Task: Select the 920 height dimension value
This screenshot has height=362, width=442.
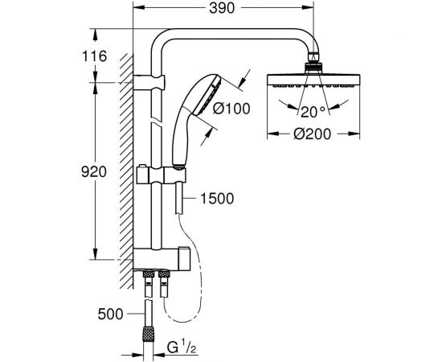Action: (95, 172)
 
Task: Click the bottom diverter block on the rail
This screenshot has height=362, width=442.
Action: (165, 259)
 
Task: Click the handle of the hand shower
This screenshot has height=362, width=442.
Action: (178, 137)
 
